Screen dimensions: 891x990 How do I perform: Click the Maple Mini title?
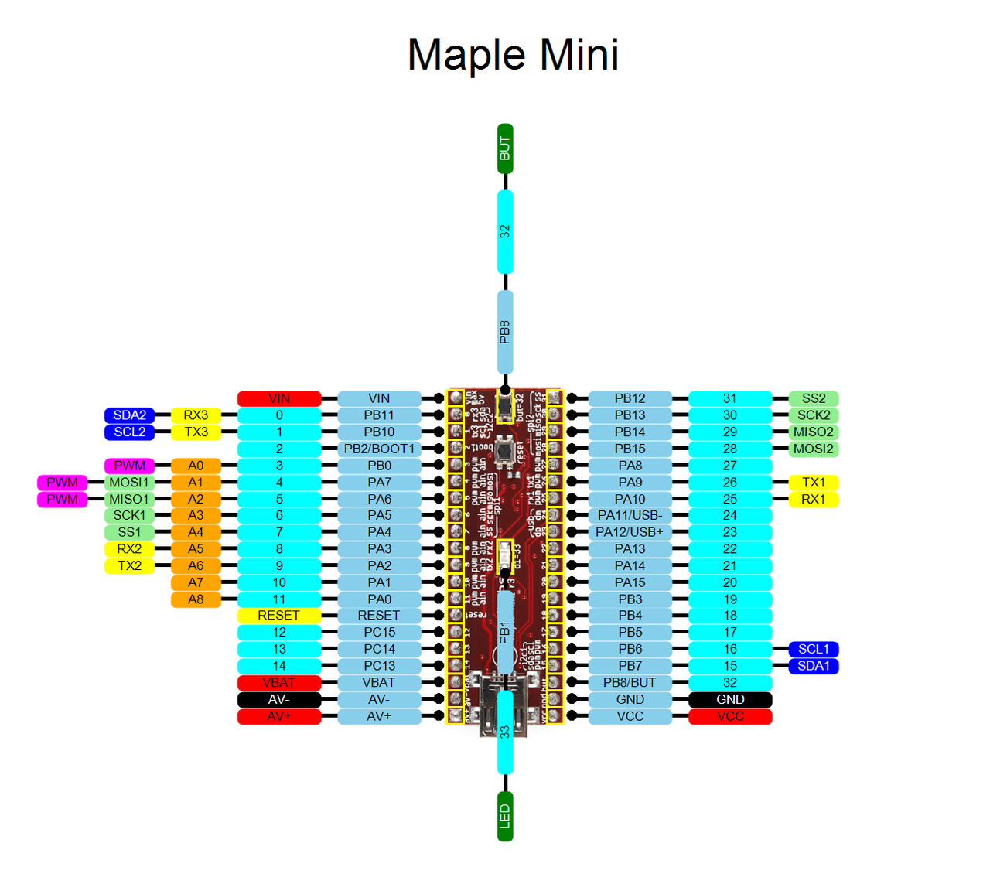pyautogui.click(x=513, y=56)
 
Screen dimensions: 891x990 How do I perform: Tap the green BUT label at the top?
pyautogui.click(x=505, y=148)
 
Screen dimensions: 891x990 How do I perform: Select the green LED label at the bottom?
pyautogui.click(x=505, y=816)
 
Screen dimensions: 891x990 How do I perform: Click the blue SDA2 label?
pyautogui.click(x=129, y=415)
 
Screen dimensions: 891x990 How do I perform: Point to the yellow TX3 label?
pyautogui.click(x=196, y=432)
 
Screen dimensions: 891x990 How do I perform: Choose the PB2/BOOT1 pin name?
pyautogui.click(x=379, y=449)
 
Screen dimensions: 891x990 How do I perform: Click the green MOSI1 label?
pyautogui.click(x=129, y=483)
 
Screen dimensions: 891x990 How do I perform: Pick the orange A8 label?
pyautogui.click(x=196, y=599)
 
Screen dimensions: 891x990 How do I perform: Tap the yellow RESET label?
pyautogui.click(x=278, y=616)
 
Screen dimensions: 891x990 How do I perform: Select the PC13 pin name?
pyautogui.click(x=379, y=666)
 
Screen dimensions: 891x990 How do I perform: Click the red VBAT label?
pyautogui.click(x=278, y=683)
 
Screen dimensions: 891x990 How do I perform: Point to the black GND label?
pyautogui.click(x=730, y=700)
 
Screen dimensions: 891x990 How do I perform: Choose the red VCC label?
pyautogui.click(x=730, y=717)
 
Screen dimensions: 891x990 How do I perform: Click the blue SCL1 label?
pyautogui.click(x=814, y=650)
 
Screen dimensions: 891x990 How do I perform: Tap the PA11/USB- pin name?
pyautogui.click(x=630, y=516)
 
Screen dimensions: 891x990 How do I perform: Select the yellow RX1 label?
pyautogui.click(x=814, y=500)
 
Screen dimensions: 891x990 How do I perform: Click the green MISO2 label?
pyautogui.click(x=814, y=432)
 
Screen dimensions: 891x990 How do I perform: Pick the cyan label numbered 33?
pyautogui.click(x=505, y=732)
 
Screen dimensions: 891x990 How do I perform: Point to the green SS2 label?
pyautogui.click(x=814, y=399)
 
